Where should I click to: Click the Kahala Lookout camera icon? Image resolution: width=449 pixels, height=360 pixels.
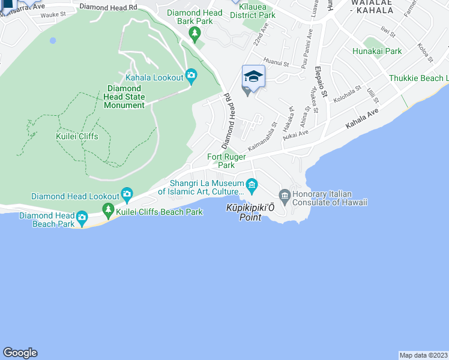click(191, 75)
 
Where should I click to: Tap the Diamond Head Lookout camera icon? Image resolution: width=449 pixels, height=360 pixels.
click(127, 194)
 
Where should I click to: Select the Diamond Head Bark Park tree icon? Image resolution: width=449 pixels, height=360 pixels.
click(194, 34)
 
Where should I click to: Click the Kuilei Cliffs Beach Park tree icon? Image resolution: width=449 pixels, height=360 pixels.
click(109, 209)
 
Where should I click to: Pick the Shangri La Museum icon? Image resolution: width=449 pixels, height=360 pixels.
click(252, 184)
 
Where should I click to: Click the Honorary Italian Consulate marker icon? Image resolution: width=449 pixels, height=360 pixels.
click(285, 195)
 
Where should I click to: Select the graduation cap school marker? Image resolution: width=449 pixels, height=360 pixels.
click(253, 76)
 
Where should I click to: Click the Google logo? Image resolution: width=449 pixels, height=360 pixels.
click(20, 353)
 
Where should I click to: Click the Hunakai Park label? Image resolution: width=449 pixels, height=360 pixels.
click(377, 52)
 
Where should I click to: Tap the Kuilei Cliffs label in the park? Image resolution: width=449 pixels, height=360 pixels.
click(77, 136)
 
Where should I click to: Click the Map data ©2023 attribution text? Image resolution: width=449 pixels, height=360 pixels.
click(423, 355)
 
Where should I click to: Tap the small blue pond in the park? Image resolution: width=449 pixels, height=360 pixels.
click(53, 40)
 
